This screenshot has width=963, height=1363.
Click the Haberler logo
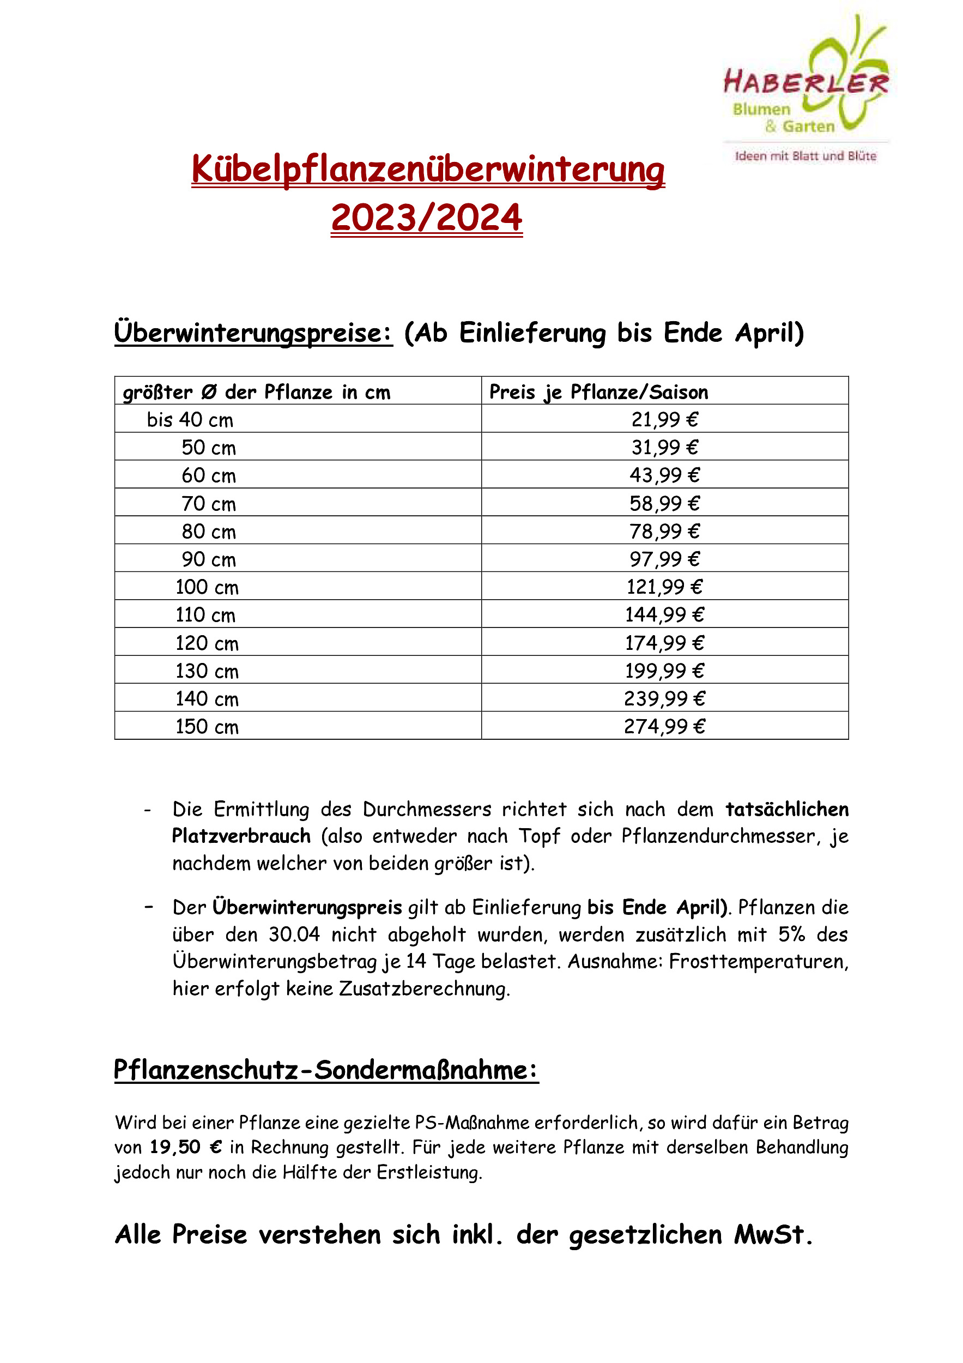click(805, 89)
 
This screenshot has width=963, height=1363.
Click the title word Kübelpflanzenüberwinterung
click(428, 170)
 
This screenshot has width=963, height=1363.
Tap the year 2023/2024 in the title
click(427, 218)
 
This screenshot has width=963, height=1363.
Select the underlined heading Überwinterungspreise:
click(253, 333)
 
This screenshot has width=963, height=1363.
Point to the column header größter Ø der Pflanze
click(256, 393)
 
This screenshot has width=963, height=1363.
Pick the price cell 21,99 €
click(664, 420)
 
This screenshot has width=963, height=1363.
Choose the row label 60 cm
click(208, 475)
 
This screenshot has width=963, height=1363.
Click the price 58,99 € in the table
click(664, 503)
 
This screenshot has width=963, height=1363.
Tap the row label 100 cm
click(207, 587)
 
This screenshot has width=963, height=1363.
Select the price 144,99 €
click(664, 615)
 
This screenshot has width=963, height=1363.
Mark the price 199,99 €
click(664, 671)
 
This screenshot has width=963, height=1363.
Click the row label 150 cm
click(207, 727)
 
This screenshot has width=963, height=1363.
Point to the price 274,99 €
click(664, 727)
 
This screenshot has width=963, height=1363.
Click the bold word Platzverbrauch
click(241, 836)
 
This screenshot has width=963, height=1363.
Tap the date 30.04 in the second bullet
click(294, 935)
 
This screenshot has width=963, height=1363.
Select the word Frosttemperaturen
click(758, 962)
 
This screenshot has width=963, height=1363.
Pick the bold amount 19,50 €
click(186, 1147)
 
